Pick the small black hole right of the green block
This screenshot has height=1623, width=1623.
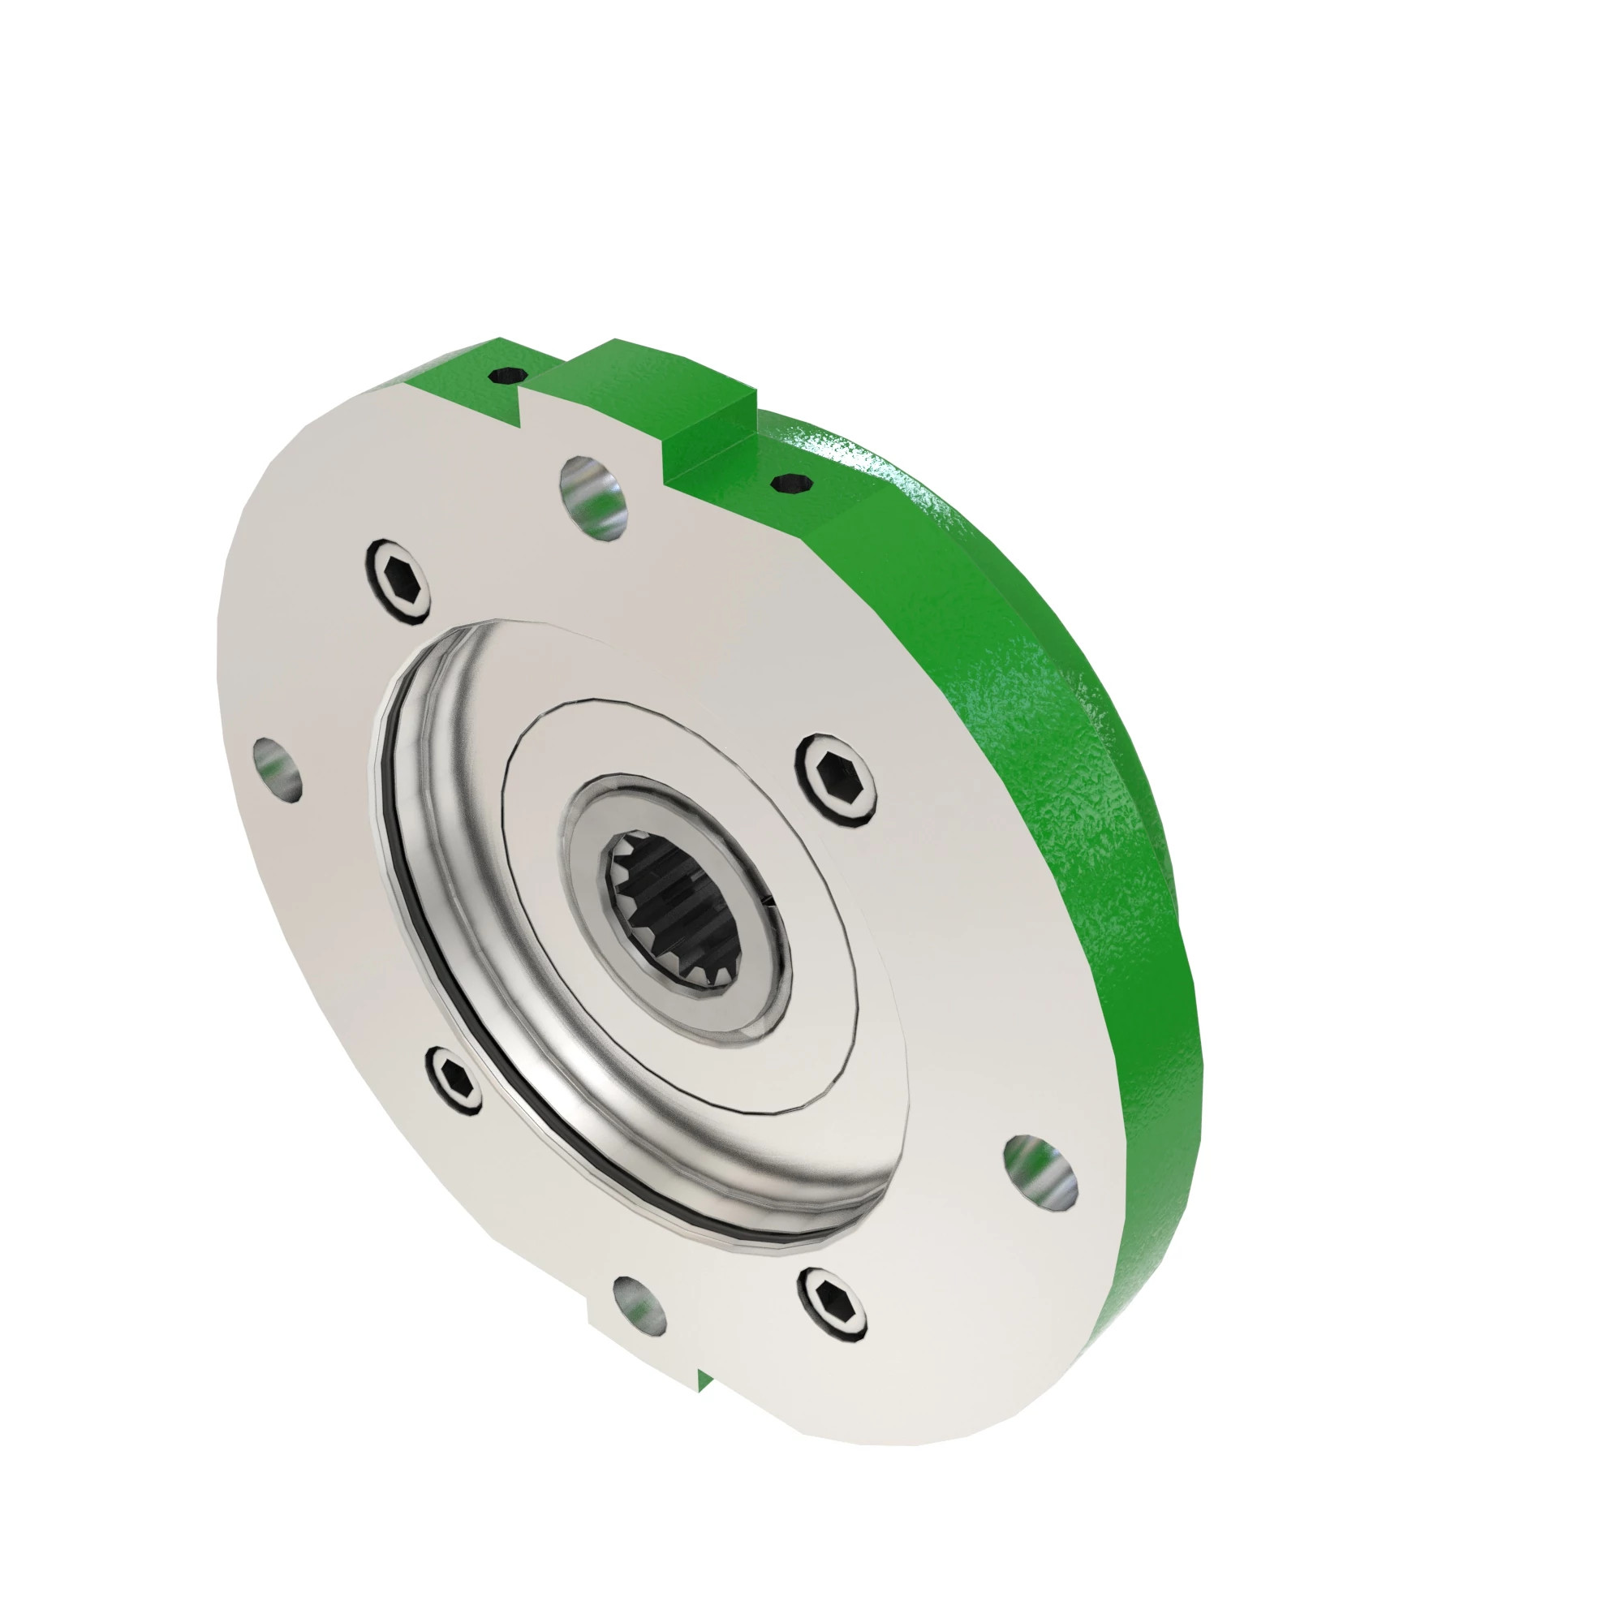[x=789, y=482]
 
